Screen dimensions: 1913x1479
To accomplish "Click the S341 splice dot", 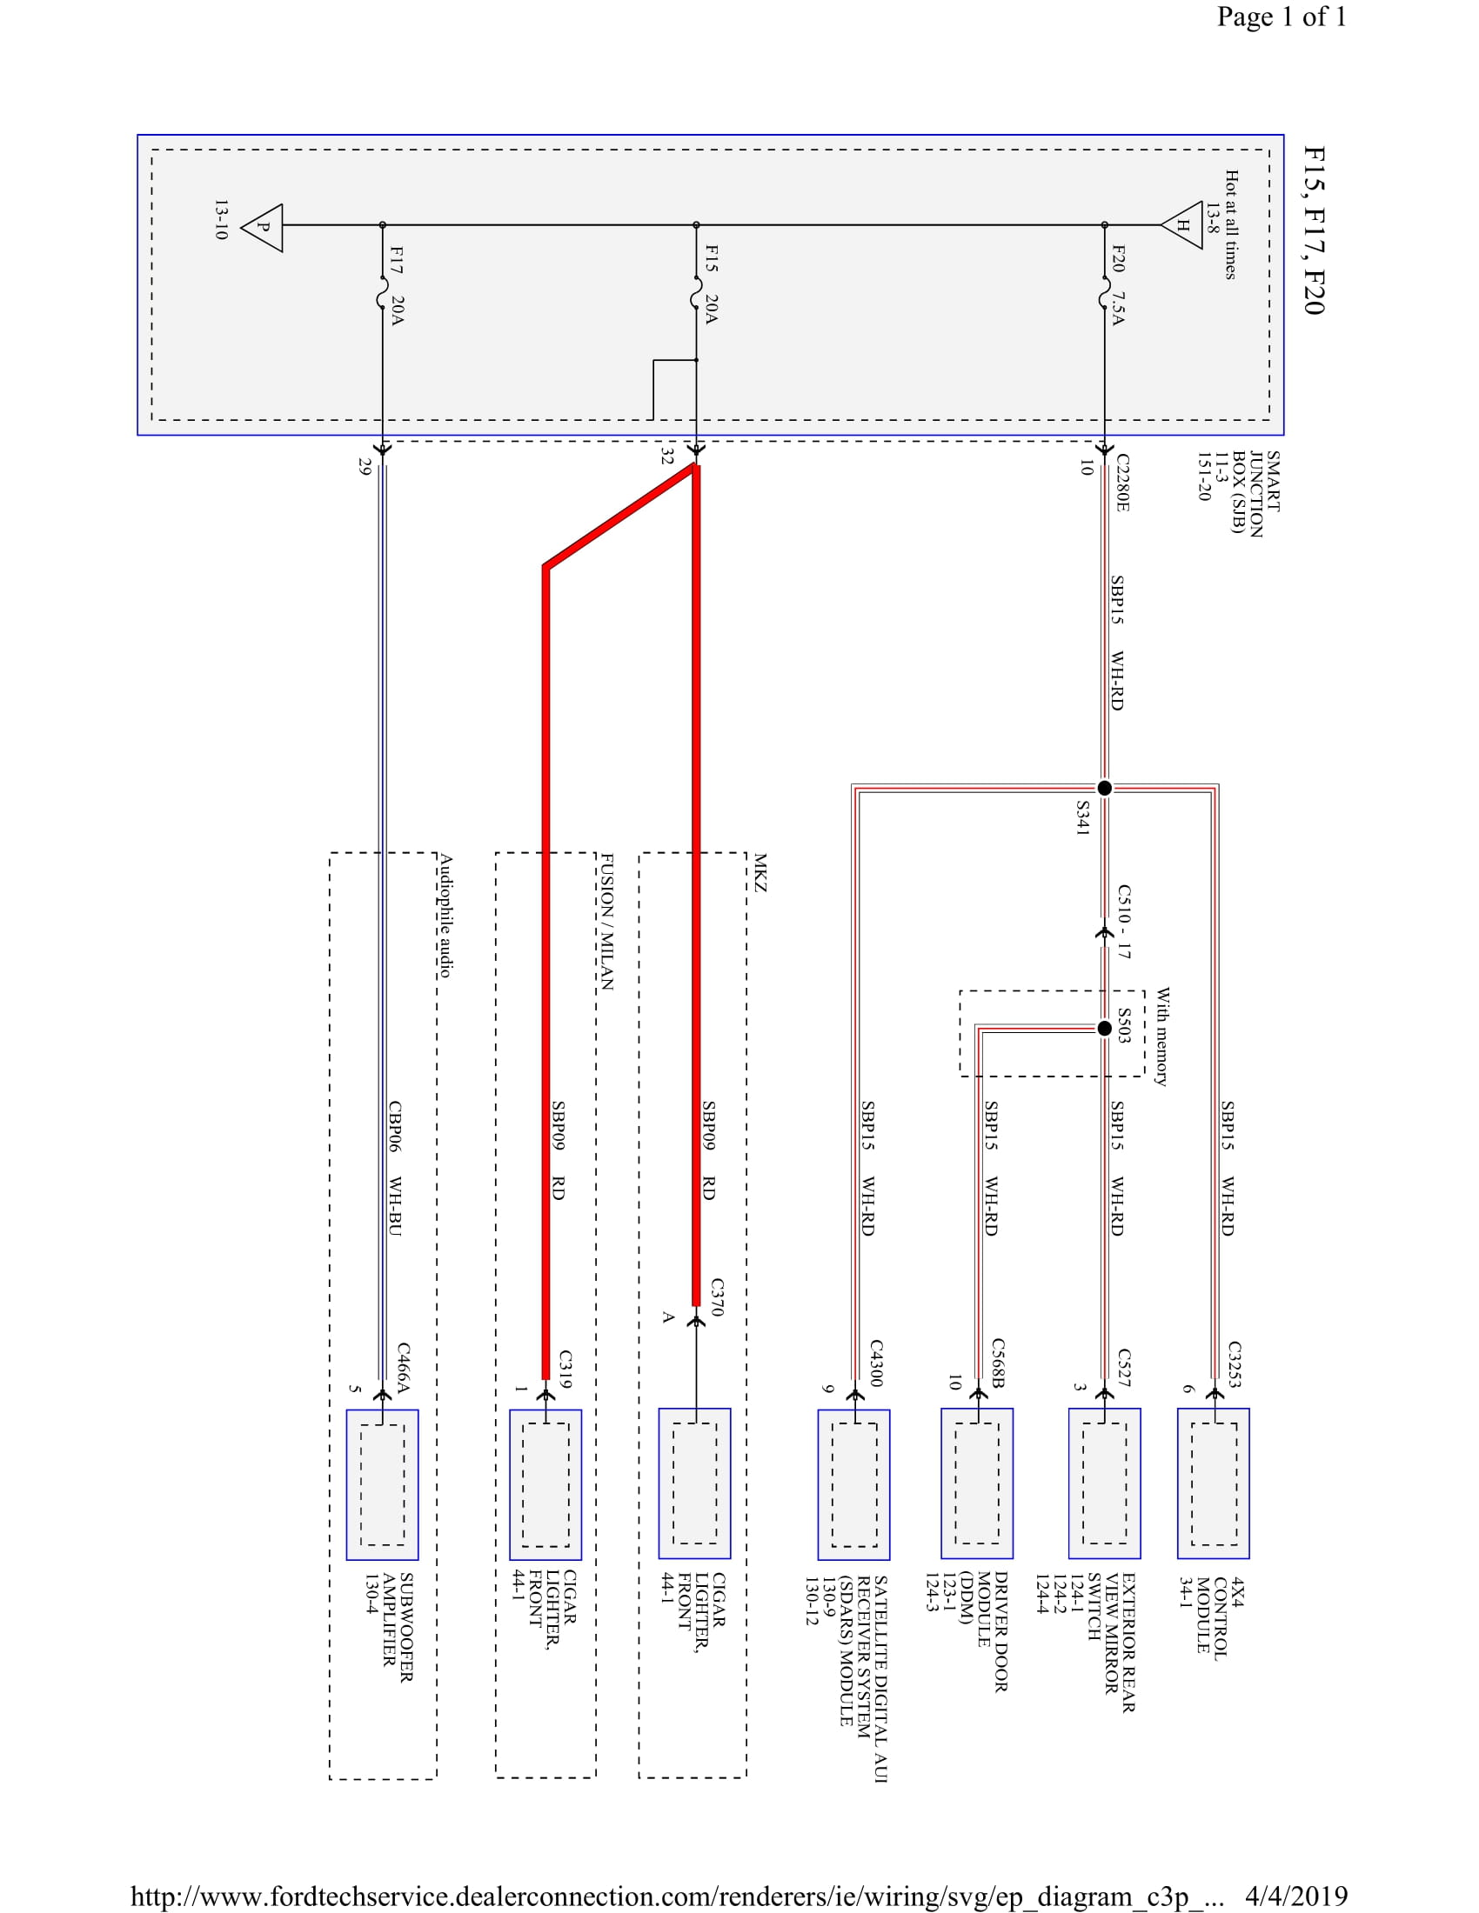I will (x=1105, y=788).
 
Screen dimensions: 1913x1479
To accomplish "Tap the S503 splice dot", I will (x=1105, y=1029).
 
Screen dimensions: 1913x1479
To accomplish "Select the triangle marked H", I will (x=1182, y=225).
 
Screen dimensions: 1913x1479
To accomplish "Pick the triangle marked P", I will (x=263, y=228).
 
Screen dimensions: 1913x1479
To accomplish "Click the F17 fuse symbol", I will (x=383, y=293).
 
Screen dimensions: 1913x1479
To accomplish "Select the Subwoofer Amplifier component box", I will (x=382, y=1483).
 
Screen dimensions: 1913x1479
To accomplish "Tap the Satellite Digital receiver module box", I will (x=854, y=1483).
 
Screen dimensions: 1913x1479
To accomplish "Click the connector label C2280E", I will (x=1122, y=483).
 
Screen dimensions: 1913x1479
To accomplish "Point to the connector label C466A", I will (x=403, y=1367).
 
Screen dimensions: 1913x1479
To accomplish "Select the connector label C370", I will (x=717, y=1296).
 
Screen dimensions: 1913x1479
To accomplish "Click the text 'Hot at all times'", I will (x=1231, y=225).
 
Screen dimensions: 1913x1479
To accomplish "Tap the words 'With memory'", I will (x=1161, y=1037).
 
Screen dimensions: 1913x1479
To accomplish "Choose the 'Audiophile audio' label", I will (x=445, y=916).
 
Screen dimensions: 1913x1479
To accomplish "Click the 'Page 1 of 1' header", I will (x=1281, y=17).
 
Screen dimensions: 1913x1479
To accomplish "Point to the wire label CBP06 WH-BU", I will (x=395, y=1169).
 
